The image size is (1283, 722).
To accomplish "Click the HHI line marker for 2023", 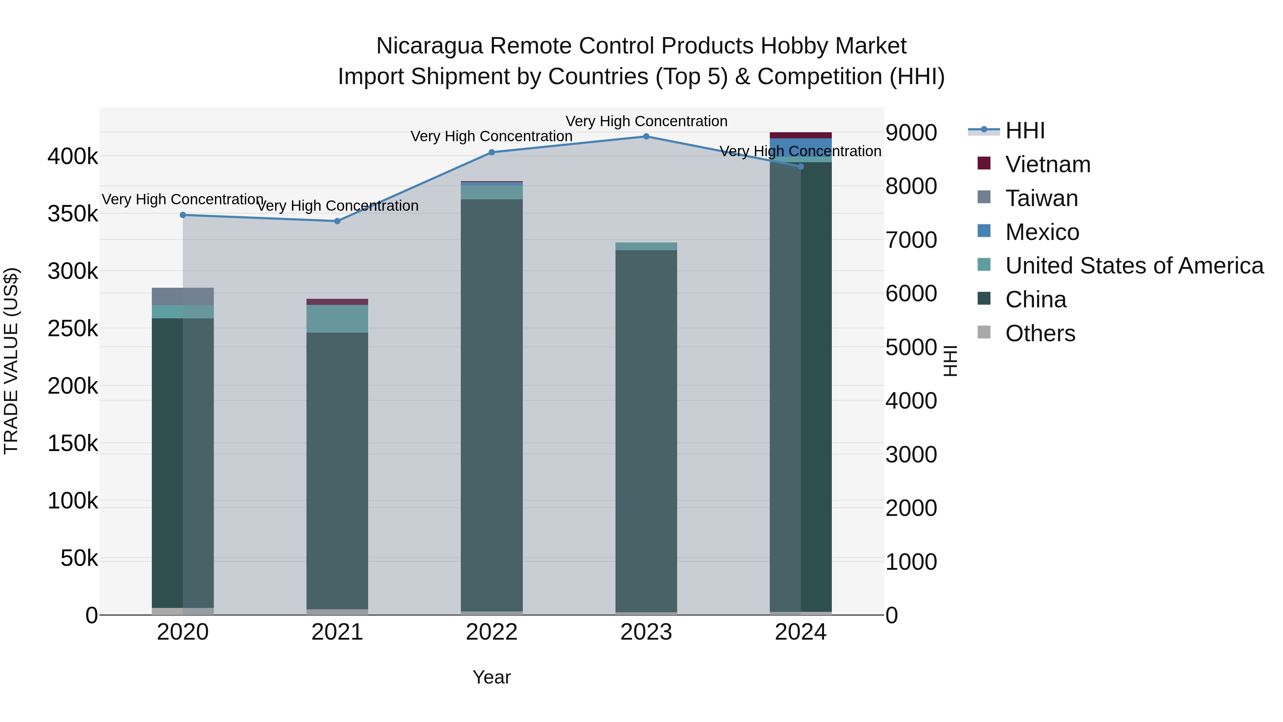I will (646, 136).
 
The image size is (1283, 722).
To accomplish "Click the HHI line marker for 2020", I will (183, 215).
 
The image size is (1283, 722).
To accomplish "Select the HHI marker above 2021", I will (337, 221).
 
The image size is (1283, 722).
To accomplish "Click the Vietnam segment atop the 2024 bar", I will (800, 135).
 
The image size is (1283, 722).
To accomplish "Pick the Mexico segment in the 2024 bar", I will (800, 147).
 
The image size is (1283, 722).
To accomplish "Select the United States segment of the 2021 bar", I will (337, 318).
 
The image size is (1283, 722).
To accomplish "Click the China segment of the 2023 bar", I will (646, 429).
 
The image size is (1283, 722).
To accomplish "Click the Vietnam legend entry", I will (1047, 164).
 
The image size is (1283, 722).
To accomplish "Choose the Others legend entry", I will (1040, 333).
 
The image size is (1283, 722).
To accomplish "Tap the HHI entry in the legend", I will (1025, 130).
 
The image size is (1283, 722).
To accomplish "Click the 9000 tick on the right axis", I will (911, 133).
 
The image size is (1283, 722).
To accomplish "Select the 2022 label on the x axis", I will (491, 632).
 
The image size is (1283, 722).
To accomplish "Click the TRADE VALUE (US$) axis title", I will (11, 361).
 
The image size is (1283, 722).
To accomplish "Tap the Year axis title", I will (491, 677).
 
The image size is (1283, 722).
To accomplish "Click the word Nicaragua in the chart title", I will (429, 46).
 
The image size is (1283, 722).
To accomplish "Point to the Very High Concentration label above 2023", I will (646, 121).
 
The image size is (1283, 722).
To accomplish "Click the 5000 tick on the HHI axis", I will (911, 347).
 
